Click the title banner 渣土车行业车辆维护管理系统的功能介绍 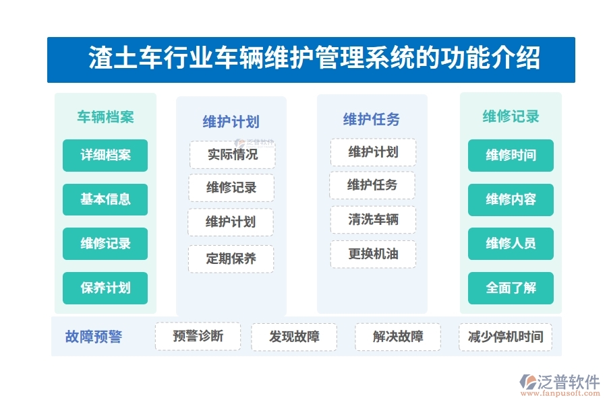coord(311,59)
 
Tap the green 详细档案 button coord(105,156)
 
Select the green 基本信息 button coord(105,199)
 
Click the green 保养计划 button coord(105,288)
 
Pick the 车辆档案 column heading coord(105,117)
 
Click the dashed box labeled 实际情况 coord(232,155)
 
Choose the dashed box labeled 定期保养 coord(231,259)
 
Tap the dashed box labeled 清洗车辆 coord(373,220)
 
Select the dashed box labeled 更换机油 coord(373,255)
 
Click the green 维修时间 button coord(511,156)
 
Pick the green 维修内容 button coord(511,199)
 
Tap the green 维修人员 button coord(511,244)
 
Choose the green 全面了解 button coord(511,288)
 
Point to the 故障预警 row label coord(94,337)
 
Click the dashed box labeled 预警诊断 coord(198,336)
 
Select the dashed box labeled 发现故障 coord(294,337)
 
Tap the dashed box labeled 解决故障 coord(398,337)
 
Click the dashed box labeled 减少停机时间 coord(505,337)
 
